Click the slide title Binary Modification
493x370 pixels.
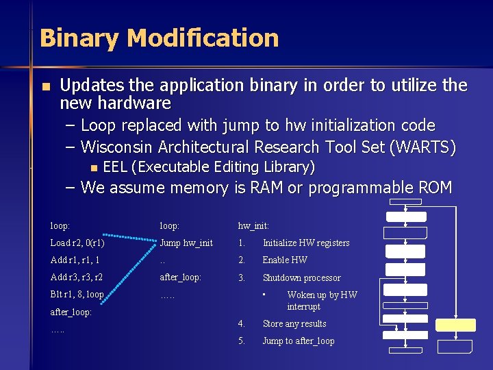pyautogui.click(x=159, y=38)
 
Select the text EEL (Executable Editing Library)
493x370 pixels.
pyautogui.click(x=209, y=166)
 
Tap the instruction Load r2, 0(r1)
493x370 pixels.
pyautogui.click(x=77, y=243)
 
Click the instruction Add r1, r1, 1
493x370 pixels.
pyautogui.click(x=75, y=260)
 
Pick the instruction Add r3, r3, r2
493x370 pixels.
pyautogui.click(x=77, y=277)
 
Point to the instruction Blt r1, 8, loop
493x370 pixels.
pyautogui.click(x=77, y=295)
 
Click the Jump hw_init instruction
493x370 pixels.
pyautogui.click(x=186, y=243)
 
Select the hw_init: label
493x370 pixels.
pyautogui.click(x=253, y=225)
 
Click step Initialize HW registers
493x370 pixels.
pyautogui.click(x=306, y=243)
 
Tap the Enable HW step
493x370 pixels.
pyautogui.click(x=285, y=260)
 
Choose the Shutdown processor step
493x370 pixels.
pyautogui.click(x=301, y=277)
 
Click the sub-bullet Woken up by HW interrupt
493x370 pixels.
pyautogui.click(x=322, y=301)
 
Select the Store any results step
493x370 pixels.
pyautogui.click(x=294, y=323)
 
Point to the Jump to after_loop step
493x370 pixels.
pyautogui.click(x=299, y=341)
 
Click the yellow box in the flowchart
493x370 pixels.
pyautogui.click(x=456, y=325)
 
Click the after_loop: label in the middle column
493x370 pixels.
pyautogui.click(x=180, y=277)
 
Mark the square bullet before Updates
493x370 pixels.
pyautogui.click(x=45, y=87)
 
